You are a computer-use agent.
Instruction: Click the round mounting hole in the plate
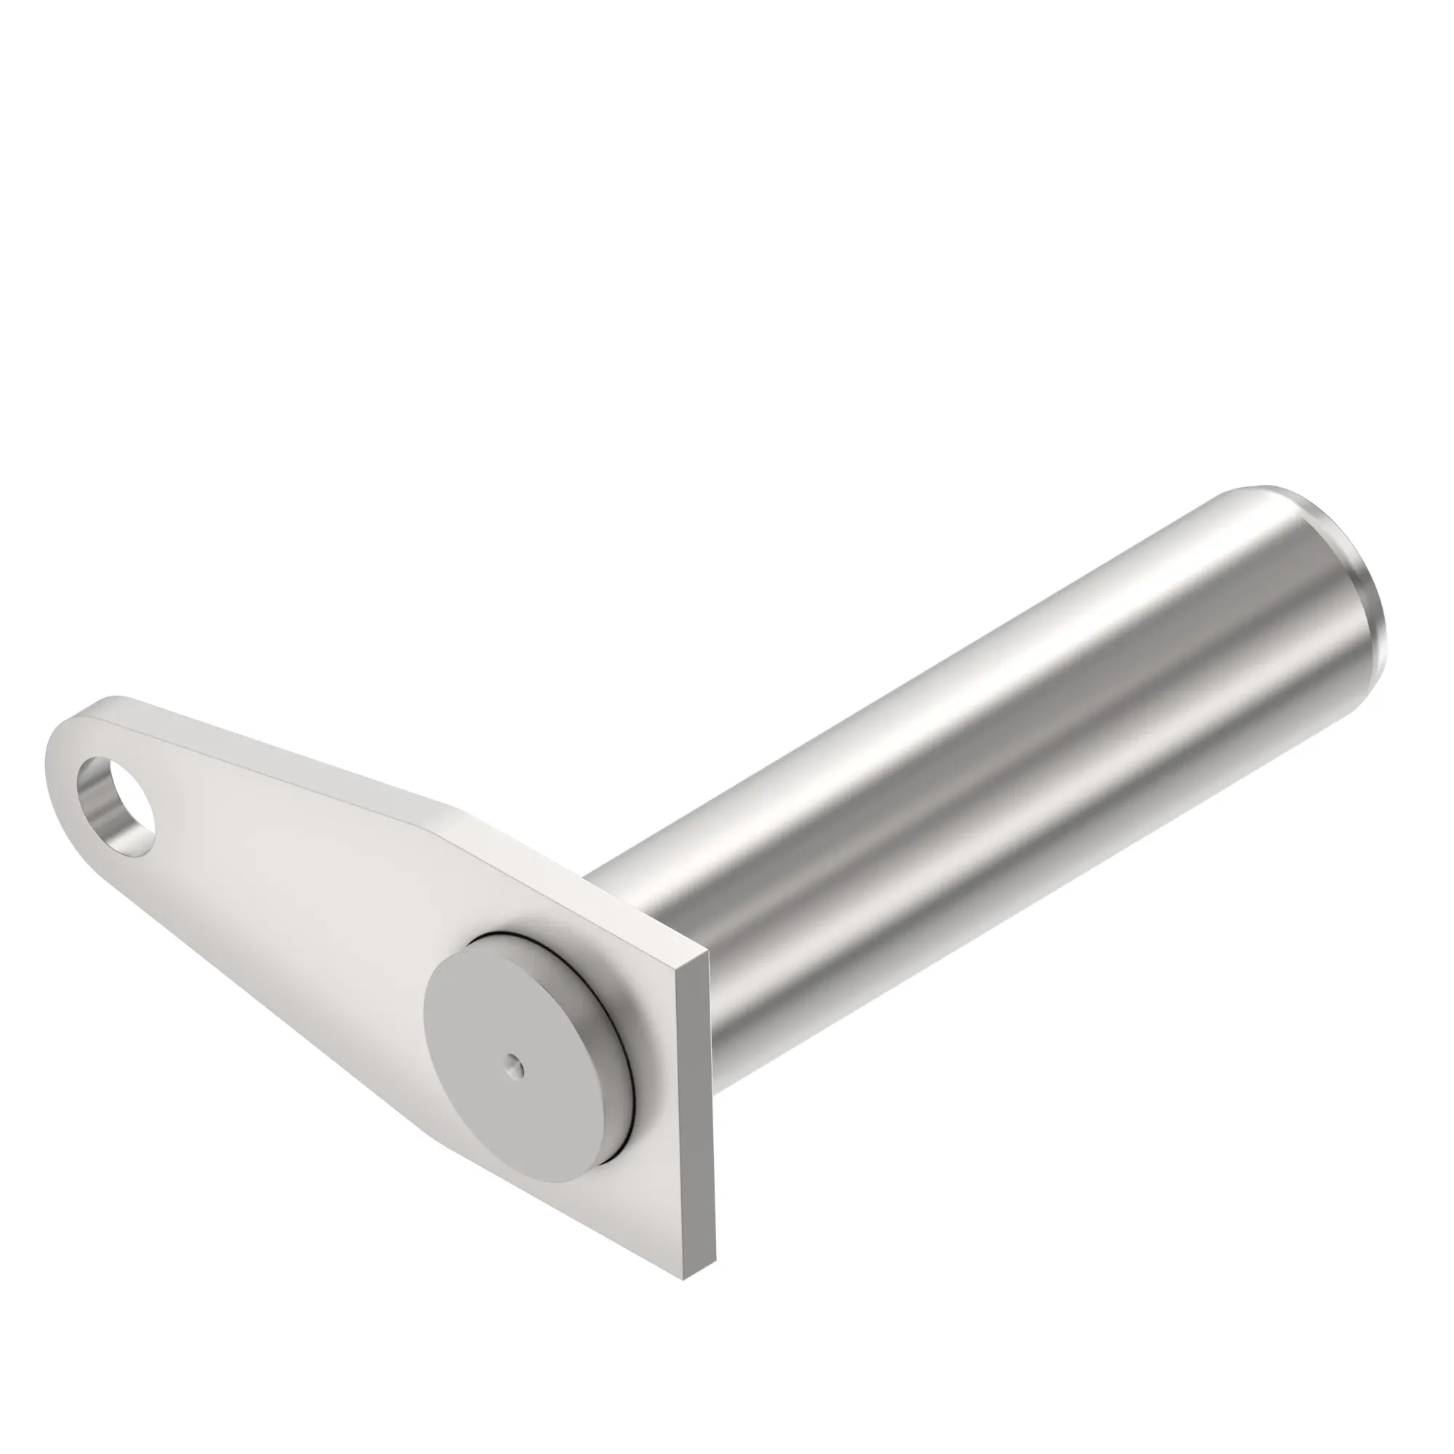pyautogui.click(x=121, y=808)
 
